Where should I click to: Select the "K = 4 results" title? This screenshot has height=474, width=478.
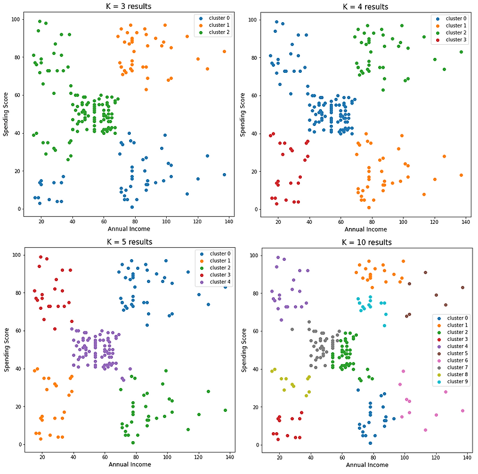tap(365, 7)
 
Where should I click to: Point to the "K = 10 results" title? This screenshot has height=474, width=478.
tap(367, 242)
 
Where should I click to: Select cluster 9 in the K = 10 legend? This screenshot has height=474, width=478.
tap(457, 381)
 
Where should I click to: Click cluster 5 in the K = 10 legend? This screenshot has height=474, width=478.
tap(457, 353)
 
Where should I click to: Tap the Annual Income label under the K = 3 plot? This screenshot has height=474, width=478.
tap(128, 229)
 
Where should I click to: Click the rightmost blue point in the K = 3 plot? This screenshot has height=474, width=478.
tap(224, 175)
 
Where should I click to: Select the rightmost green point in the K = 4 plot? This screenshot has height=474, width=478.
tap(461, 52)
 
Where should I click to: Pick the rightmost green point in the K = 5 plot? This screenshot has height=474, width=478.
tap(225, 410)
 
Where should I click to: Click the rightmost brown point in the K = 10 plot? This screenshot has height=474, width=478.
tap(462, 288)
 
